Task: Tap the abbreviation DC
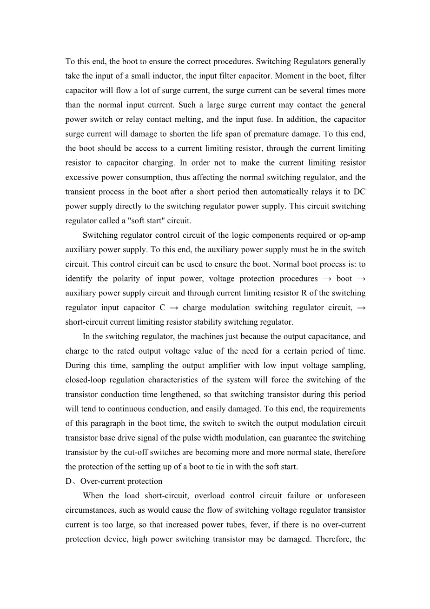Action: (x=359, y=192)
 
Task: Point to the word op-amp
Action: (x=353, y=235)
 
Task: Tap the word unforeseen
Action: (x=346, y=495)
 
